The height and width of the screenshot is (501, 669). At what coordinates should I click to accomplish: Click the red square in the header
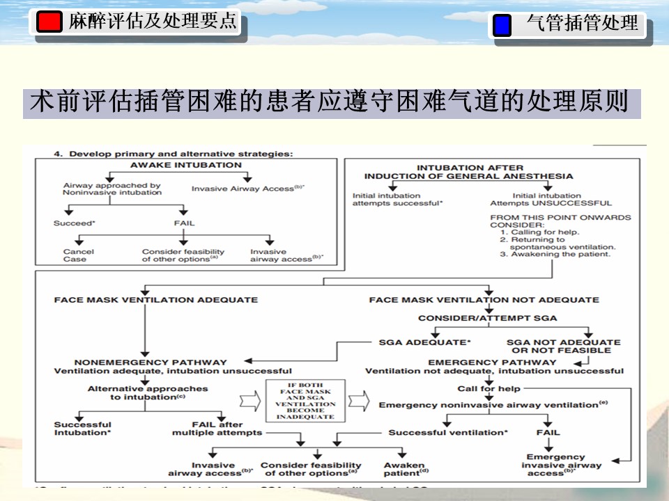coord(49,22)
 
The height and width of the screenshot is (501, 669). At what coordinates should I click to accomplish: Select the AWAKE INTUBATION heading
coord(186,166)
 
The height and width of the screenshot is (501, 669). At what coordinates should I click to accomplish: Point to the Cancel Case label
coord(75,255)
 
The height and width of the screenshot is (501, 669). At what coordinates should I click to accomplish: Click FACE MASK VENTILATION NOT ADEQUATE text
coord(484,300)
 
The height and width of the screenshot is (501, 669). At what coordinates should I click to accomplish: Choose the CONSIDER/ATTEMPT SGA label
coord(487,318)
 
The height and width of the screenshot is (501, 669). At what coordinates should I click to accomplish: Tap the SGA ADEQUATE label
coord(424,342)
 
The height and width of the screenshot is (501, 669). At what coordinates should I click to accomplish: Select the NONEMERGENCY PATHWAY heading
coord(151,362)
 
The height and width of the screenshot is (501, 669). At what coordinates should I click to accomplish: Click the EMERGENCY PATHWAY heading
coord(492,362)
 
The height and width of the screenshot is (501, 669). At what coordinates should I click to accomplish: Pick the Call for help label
coord(489,388)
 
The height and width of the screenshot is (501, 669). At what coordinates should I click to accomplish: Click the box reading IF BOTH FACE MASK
coord(305,400)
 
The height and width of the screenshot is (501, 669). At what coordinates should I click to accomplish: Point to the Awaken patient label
coord(405,468)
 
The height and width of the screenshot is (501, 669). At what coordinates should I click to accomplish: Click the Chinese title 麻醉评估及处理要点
coord(153,22)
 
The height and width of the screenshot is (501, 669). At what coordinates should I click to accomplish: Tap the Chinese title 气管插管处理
coord(583,24)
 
